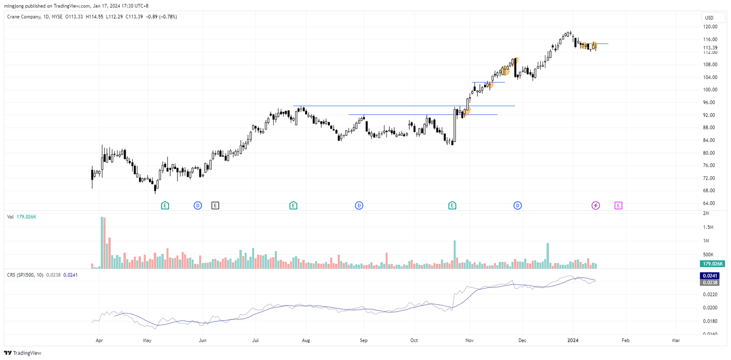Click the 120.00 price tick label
click(711, 27)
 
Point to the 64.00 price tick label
click(711, 203)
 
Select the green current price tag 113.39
click(711, 48)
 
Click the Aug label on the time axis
click(306, 341)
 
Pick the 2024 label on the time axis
click(573, 341)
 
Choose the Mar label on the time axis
click(676, 341)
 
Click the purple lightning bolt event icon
click(596, 205)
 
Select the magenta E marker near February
click(618, 205)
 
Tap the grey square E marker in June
click(215, 205)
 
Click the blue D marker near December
click(517, 205)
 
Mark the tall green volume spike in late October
click(455, 254)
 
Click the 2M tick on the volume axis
click(706, 213)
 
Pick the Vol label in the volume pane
click(10, 217)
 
